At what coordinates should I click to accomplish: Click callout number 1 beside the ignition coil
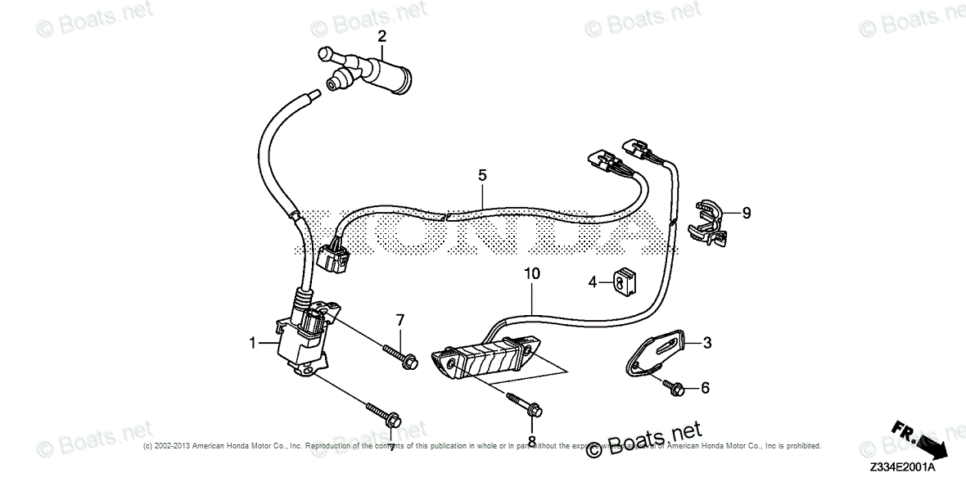[253, 342]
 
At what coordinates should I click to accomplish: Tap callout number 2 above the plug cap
[381, 36]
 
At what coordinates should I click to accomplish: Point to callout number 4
[591, 283]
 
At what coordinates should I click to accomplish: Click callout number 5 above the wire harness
[482, 175]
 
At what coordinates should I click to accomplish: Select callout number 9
[746, 214]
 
